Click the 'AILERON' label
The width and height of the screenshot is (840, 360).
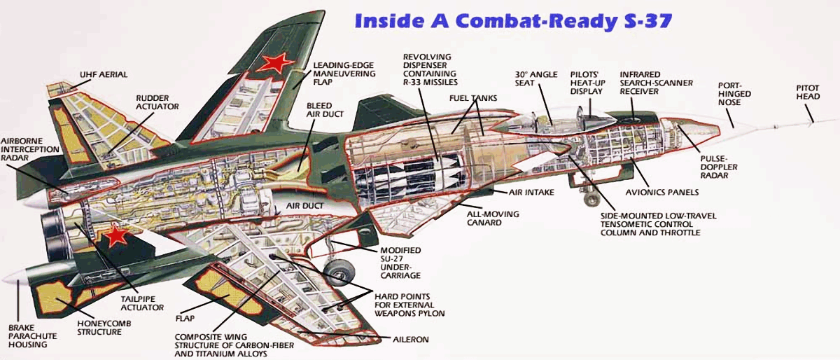coord(412,340)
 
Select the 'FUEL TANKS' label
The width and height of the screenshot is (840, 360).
coord(473,98)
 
